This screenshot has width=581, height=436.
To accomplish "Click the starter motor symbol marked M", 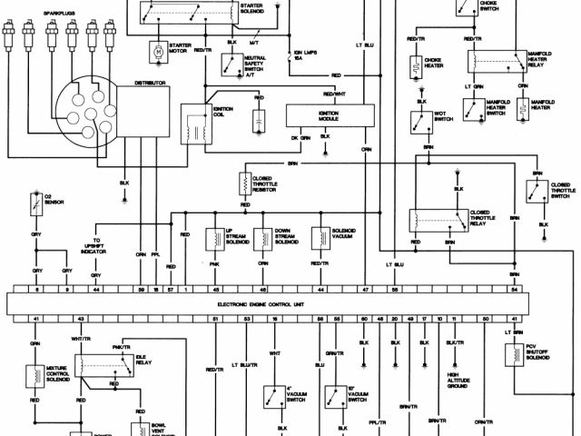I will pyautogui.click(x=156, y=52).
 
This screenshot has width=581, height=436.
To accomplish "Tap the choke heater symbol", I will pyautogui.click(x=416, y=66).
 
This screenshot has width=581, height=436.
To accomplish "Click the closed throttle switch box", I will pyautogui.click(x=536, y=191).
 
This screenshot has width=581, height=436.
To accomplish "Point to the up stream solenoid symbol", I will pyautogui.click(x=214, y=237).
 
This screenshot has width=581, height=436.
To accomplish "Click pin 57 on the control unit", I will pyautogui.click(x=170, y=288).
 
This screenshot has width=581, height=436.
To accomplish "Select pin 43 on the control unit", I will pyautogui.click(x=81, y=320).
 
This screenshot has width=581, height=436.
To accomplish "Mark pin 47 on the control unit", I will pyautogui.click(x=366, y=288).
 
